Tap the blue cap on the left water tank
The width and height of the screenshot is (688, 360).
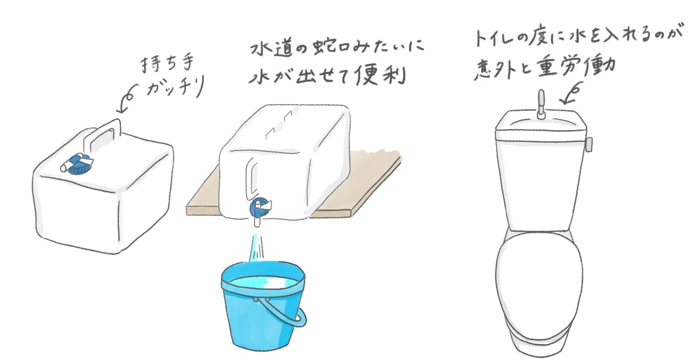(x=79, y=165)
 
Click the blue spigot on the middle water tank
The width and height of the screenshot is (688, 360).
(x=260, y=208)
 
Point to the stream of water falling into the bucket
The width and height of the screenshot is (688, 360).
(x=257, y=247)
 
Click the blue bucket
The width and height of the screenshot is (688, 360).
(x=263, y=306)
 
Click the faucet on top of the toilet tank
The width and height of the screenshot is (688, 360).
(x=541, y=104)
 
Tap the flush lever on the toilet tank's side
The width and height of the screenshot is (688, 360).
(x=589, y=144)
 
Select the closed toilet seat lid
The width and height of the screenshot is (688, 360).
(x=540, y=280)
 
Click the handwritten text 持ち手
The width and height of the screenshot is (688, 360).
(x=167, y=64)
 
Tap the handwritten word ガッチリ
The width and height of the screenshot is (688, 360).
(x=175, y=87)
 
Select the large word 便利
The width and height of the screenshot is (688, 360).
(x=381, y=75)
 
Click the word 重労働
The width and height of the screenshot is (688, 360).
(x=576, y=66)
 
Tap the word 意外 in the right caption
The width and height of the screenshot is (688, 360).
(x=495, y=69)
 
